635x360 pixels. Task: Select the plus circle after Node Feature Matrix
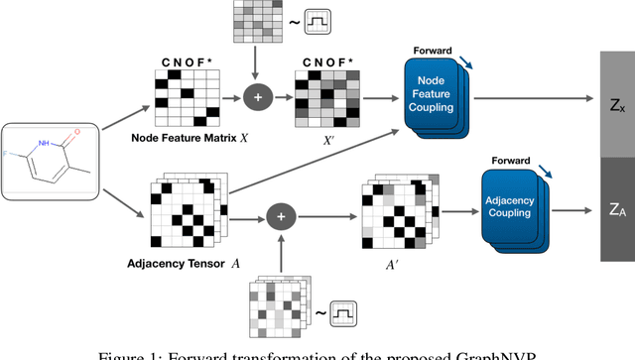[256, 99]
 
